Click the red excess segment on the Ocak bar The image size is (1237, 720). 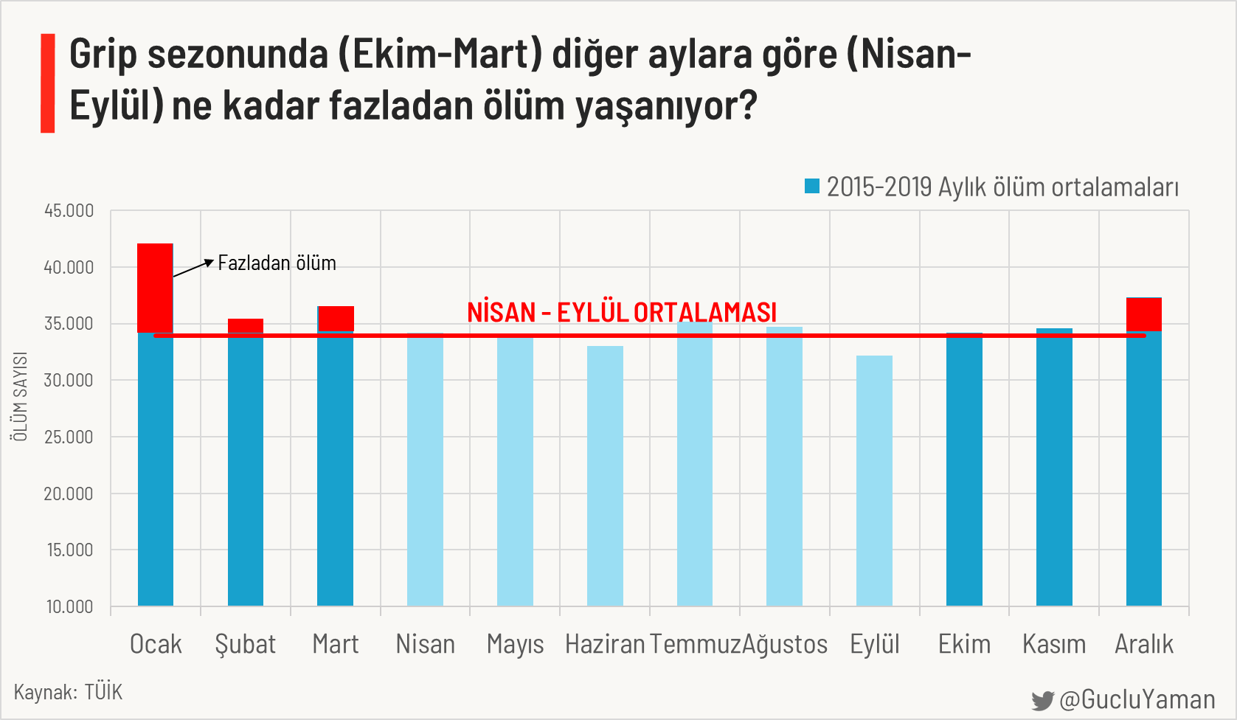tap(156, 288)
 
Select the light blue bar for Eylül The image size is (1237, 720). tap(874, 480)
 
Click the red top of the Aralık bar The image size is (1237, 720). tap(1144, 314)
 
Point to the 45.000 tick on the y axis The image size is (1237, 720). tap(69, 211)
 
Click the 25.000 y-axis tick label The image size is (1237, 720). tap(69, 437)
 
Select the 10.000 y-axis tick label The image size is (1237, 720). tap(69, 606)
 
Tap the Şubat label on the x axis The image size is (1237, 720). tap(246, 644)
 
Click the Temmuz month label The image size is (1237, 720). tap(695, 644)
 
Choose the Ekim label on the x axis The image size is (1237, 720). tap(964, 644)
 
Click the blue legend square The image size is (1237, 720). tap(812, 186)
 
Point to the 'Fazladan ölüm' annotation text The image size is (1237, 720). tap(277, 263)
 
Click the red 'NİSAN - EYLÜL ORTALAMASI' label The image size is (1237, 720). tap(622, 312)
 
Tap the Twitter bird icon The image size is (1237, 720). tap(1042, 700)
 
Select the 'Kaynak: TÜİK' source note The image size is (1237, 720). tap(68, 692)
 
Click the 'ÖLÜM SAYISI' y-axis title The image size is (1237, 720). tap(20, 396)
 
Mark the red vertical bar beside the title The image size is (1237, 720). tap(48, 83)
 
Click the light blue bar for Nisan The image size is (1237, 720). tap(426, 472)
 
